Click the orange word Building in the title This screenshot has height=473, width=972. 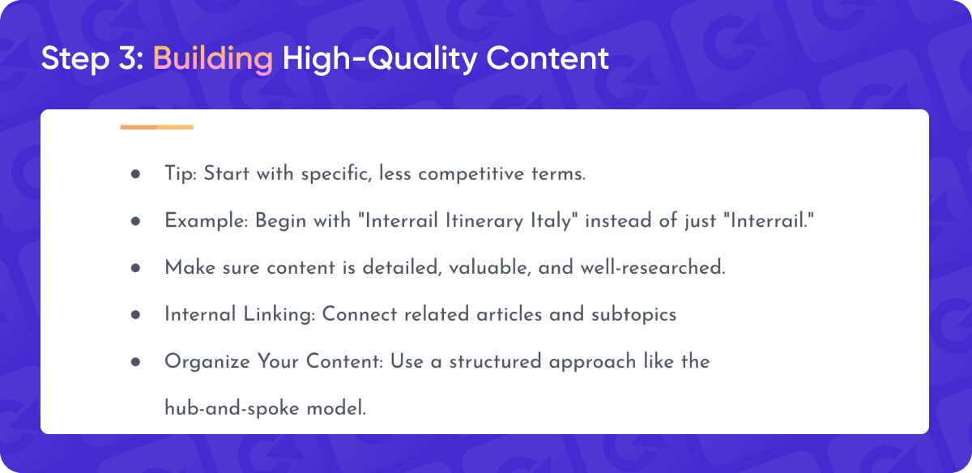212,59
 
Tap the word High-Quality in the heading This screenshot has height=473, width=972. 380,59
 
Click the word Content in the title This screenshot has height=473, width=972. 548,58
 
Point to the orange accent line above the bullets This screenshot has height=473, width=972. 156,127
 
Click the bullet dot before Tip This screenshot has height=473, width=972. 135,174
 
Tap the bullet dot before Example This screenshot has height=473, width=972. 135,221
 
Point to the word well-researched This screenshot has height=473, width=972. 653,267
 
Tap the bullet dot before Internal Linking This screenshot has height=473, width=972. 135,314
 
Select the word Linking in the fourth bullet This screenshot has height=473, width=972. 279,314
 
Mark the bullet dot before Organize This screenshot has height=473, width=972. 135,361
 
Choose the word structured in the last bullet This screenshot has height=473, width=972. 495,361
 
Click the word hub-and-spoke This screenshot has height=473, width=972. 232,409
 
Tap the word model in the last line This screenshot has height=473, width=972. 336,408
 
